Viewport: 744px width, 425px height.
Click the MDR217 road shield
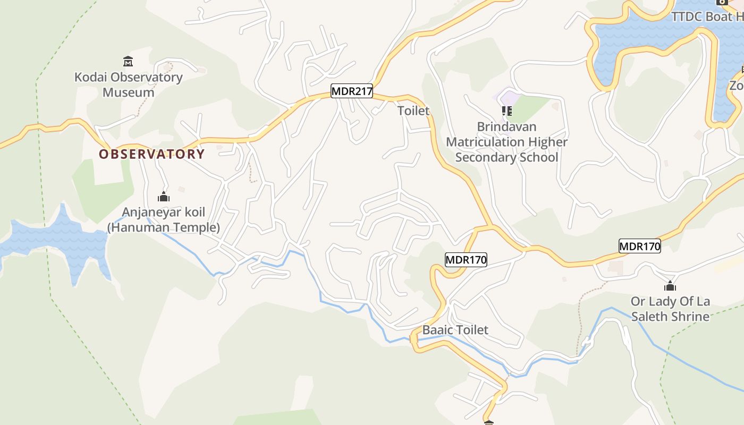(352, 91)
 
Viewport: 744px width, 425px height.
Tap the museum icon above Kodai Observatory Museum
(128, 61)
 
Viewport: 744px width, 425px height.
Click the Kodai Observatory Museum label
(128, 84)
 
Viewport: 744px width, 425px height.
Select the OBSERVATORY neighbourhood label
(151, 154)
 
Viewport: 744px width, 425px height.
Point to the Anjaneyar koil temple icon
(164, 197)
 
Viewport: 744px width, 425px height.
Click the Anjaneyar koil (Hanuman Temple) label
(163, 220)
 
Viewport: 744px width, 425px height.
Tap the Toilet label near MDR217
(413, 110)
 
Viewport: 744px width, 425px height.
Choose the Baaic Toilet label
(455, 330)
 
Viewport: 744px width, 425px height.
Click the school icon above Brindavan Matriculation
(506, 111)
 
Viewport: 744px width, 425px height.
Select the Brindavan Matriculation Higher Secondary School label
(506, 142)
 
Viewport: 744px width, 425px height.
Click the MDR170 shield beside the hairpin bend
(466, 260)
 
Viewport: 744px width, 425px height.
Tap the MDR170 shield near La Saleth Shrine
(639, 246)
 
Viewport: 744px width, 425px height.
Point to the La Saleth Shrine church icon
(670, 286)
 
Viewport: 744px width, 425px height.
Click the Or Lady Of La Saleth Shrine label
(670, 309)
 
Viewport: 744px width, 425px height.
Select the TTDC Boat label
(707, 16)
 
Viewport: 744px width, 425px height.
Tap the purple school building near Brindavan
(509, 98)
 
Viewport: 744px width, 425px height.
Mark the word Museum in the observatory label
(128, 92)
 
